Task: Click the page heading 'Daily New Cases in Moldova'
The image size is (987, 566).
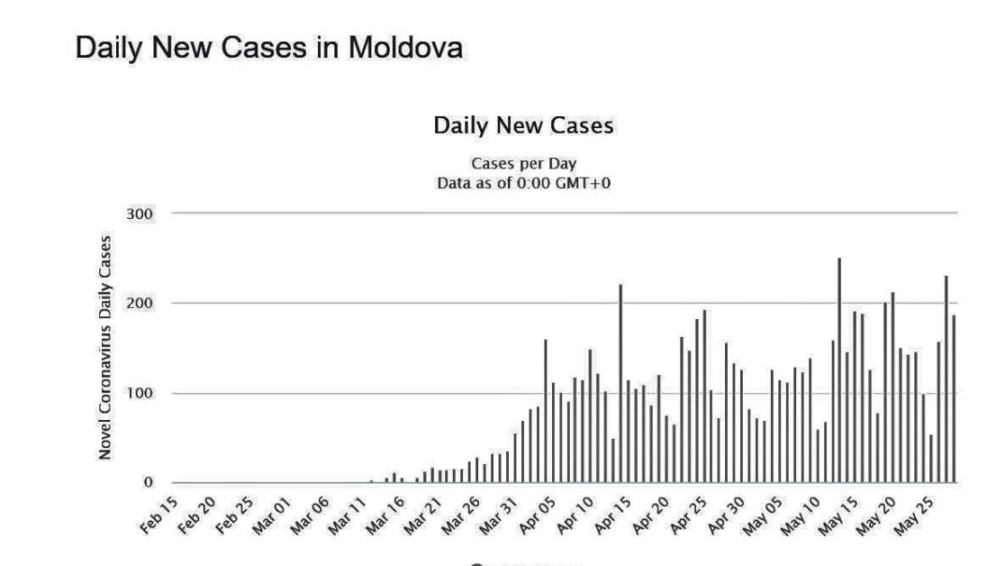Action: coord(269,48)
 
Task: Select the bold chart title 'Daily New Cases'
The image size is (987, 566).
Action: coord(523,126)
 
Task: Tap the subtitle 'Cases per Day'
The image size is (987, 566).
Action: coord(523,164)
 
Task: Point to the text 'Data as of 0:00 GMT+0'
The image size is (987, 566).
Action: coord(523,183)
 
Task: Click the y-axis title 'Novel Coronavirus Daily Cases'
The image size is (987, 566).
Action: coord(106,348)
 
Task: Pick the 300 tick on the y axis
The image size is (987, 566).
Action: coord(142,214)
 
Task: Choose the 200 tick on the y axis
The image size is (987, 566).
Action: coord(142,304)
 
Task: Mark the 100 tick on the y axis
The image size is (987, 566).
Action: coord(142,394)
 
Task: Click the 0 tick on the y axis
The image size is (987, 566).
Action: coord(149,483)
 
